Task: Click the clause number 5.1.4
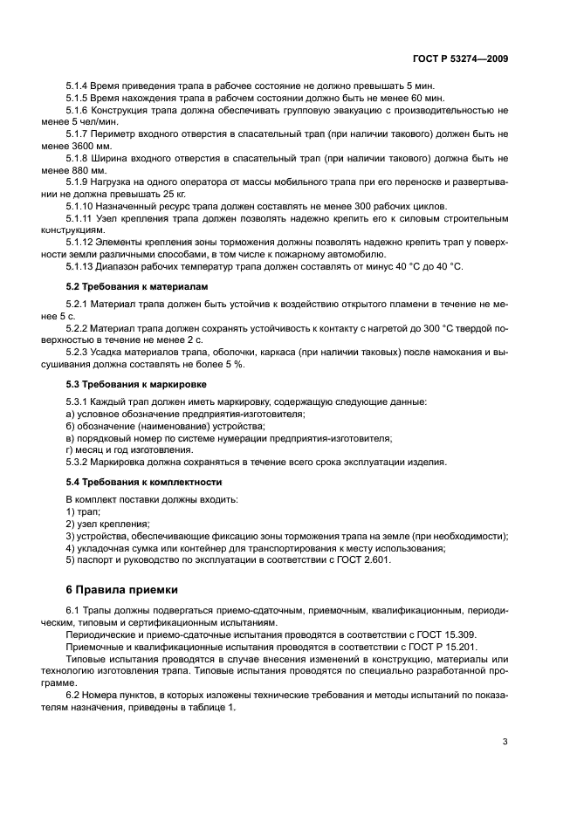pyautogui.click(x=79, y=87)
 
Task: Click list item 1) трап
pyautogui.click(x=83, y=511)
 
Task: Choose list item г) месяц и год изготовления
pyautogui.click(x=129, y=449)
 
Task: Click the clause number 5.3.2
pyautogui.click(x=79, y=462)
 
